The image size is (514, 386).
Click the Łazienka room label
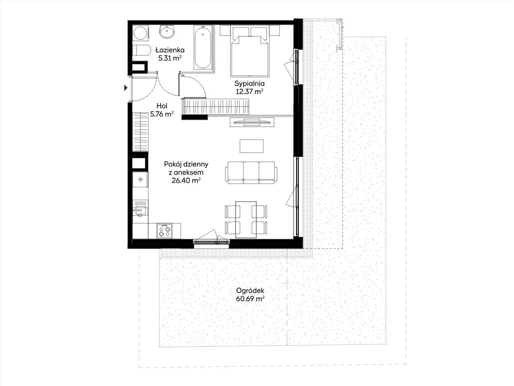tap(170, 50)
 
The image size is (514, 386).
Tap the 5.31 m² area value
tap(170, 58)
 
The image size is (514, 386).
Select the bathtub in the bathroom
tap(202, 47)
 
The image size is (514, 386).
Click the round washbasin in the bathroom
tap(167, 32)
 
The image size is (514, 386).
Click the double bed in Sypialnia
tap(250, 52)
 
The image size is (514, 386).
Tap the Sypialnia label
tap(250, 84)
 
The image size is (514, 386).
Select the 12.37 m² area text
tap(250, 91)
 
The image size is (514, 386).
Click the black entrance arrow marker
tap(126, 88)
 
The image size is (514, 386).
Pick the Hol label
tap(162, 106)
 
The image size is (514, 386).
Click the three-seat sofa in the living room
tap(251, 173)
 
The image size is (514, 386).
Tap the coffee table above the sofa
tap(252, 146)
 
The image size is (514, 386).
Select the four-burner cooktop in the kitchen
tap(164, 230)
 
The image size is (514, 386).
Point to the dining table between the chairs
tap(246, 219)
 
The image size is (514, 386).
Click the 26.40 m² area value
tap(186, 180)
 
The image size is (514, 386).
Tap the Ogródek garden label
tap(250, 290)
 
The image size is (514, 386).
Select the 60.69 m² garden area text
tap(250, 299)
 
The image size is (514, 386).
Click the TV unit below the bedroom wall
tap(252, 122)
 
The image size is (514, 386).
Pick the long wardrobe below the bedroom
tap(216, 106)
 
